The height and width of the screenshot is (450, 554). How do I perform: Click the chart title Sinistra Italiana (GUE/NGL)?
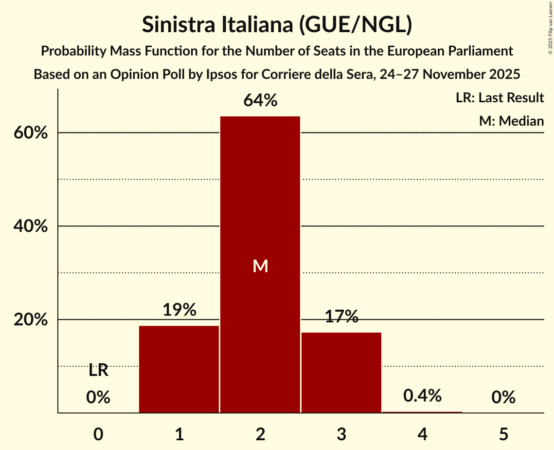[277, 25]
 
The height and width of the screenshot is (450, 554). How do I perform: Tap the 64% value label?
[260, 101]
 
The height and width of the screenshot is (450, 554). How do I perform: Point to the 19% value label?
[179, 310]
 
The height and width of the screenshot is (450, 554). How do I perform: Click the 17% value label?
[341, 317]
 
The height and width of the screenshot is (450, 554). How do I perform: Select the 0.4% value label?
[422, 396]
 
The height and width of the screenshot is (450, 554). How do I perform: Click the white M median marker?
[260, 266]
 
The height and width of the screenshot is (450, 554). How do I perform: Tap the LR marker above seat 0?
[98, 371]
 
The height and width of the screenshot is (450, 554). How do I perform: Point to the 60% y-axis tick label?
[31, 133]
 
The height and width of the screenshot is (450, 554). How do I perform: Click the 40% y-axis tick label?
[31, 226]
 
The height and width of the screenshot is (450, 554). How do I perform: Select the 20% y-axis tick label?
[31, 320]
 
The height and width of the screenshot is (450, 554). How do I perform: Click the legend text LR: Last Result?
[500, 98]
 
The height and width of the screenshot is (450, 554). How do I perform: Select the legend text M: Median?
[511, 121]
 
